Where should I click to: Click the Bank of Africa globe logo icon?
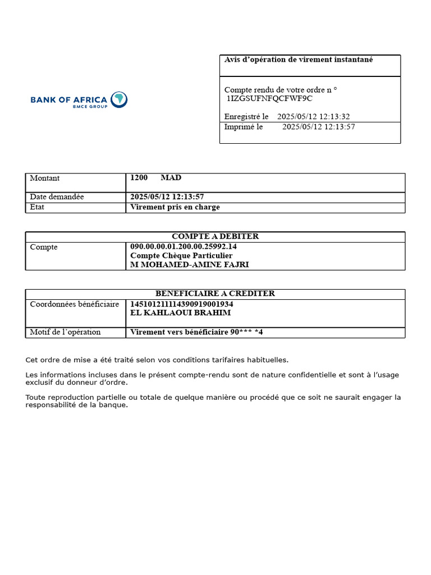(x=119, y=100)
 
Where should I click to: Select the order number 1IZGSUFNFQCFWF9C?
(x=269, y=98)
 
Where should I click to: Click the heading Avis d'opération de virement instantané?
(x=299, y=60)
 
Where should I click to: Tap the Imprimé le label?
(x=244, y=127)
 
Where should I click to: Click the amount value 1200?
(x=139, y=177)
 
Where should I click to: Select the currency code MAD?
(x=171, y=177)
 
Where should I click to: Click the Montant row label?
(x=45, y=178)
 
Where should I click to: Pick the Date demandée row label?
(x=57, y=197)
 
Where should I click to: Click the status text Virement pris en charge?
(x=175, y=207)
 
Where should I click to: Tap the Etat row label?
(x=37, y=207)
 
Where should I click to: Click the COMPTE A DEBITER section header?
(x=215, y=236)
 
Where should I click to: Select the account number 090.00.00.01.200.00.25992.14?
(x=184, y=247)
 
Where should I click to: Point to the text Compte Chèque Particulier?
(x=181, y=255)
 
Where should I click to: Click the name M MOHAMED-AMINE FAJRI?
(x=189, y=264)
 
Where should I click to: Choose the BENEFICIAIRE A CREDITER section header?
(x=215, y=294)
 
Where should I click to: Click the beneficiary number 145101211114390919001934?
(x=182, y=304)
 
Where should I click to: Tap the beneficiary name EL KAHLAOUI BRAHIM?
(x=180, y=313)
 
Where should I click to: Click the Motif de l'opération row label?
(x=65, y=332)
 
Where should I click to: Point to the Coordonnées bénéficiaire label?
(x=75, y=304)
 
